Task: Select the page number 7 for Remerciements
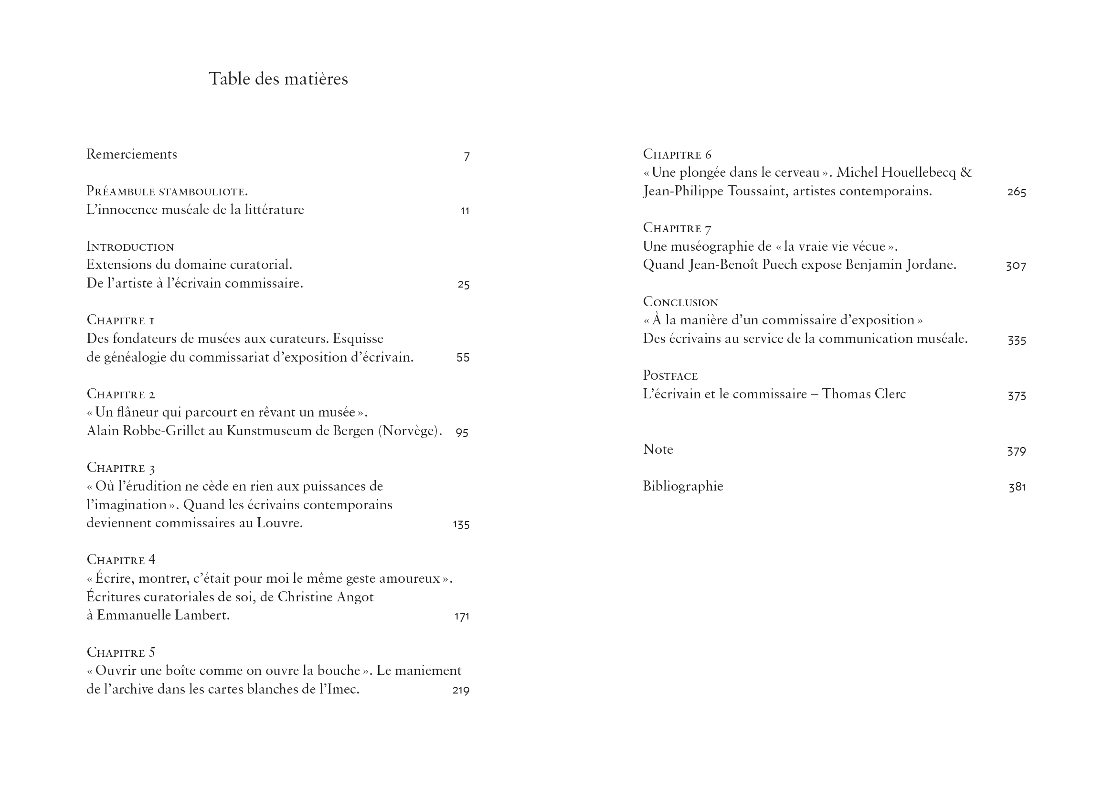click(466, 156)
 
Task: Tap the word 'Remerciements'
click(132, 154)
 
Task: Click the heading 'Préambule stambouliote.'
click(167, 191)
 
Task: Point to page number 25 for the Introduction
click(463, 285)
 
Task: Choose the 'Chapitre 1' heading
click(121, 320)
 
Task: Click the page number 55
click(463, 358)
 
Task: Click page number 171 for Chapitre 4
click(461, 616)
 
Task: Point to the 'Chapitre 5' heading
click(121, 652)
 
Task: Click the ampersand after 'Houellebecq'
click(966, 173)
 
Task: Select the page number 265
click(1016, 192)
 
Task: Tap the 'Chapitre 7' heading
click(677, 228)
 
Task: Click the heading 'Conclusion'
click(680, 302)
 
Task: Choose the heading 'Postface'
click(670, 375)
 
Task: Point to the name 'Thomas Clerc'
click(864, 394)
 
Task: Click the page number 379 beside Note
click(1016, 451)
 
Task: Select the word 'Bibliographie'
click(683, 486)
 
